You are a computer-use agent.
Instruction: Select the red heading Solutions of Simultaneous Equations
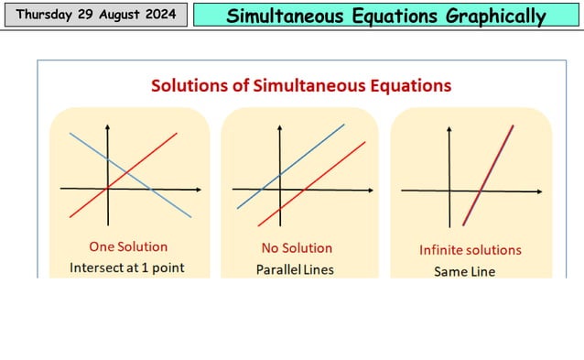[x=301, y=85]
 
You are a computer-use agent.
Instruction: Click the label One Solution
[x=128, y=246]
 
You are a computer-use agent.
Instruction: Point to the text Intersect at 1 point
[x=127, y=268]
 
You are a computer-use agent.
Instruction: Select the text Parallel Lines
[x=295, y=269]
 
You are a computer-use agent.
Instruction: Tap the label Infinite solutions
[x=470, y=249]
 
